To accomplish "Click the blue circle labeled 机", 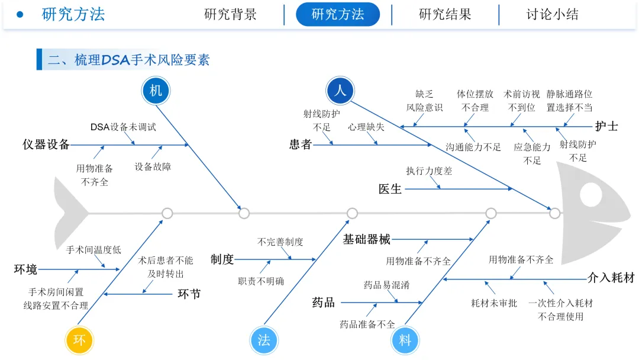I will pos(156,91).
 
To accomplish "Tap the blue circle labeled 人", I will pos(340,91).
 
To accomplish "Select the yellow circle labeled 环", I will pos(79,340).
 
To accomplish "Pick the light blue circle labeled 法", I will pos(264,340).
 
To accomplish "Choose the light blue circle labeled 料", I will pos(405,340).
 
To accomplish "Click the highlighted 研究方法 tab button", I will pos(338,14).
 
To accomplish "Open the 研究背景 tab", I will pos(231,14).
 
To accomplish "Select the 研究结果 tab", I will pos(445,14).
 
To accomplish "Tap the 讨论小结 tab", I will pos(553,14).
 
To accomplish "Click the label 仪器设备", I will pos(46,144).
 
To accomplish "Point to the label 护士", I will pos(606,126).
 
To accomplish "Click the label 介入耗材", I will pos(611,278).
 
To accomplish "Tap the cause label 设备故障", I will pos(153,167).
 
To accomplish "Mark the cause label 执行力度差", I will pos(429,171).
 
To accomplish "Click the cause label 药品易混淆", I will pos(386,285).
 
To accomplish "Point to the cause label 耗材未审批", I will pos(494,303).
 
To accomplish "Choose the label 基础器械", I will pos(367,240).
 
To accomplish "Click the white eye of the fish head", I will pos(591,194).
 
